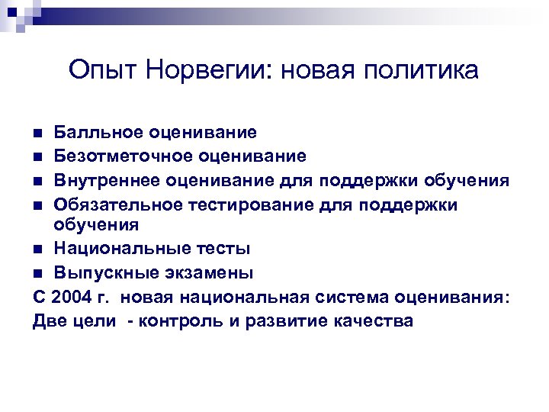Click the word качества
point(374,320)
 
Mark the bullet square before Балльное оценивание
point(38,134)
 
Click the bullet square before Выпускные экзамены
point(38,273)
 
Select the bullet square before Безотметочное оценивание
point(38,157)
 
